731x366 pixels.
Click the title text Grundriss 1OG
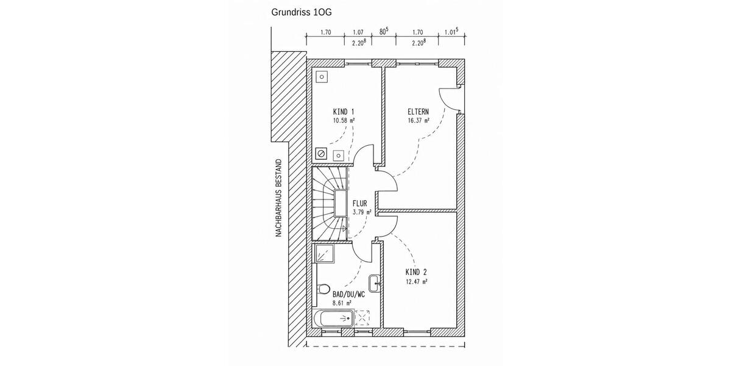[x=302, y=12]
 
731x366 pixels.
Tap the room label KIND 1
[x=344, y=112]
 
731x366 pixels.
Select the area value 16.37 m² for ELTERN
[x=418, y=121]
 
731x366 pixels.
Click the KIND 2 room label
[x=416, y=272]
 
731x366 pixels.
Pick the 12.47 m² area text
[x=416, y=282]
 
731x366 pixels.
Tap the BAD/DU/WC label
[x=348, y=294]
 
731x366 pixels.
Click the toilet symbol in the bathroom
[x=323, y=289]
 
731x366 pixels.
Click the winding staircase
[x=330, y=204]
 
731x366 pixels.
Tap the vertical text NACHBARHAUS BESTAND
[x=278, y=199]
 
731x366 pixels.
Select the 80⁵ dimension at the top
[x=384, y=32]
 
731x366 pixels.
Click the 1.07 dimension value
[x=358, y=32]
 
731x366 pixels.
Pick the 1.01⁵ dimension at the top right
[x=451, y=32]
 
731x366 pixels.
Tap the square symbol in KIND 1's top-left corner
[x=322, y=77]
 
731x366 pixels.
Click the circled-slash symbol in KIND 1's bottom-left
[x=322, y=154]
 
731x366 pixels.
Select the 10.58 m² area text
[x=344, y=121]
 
